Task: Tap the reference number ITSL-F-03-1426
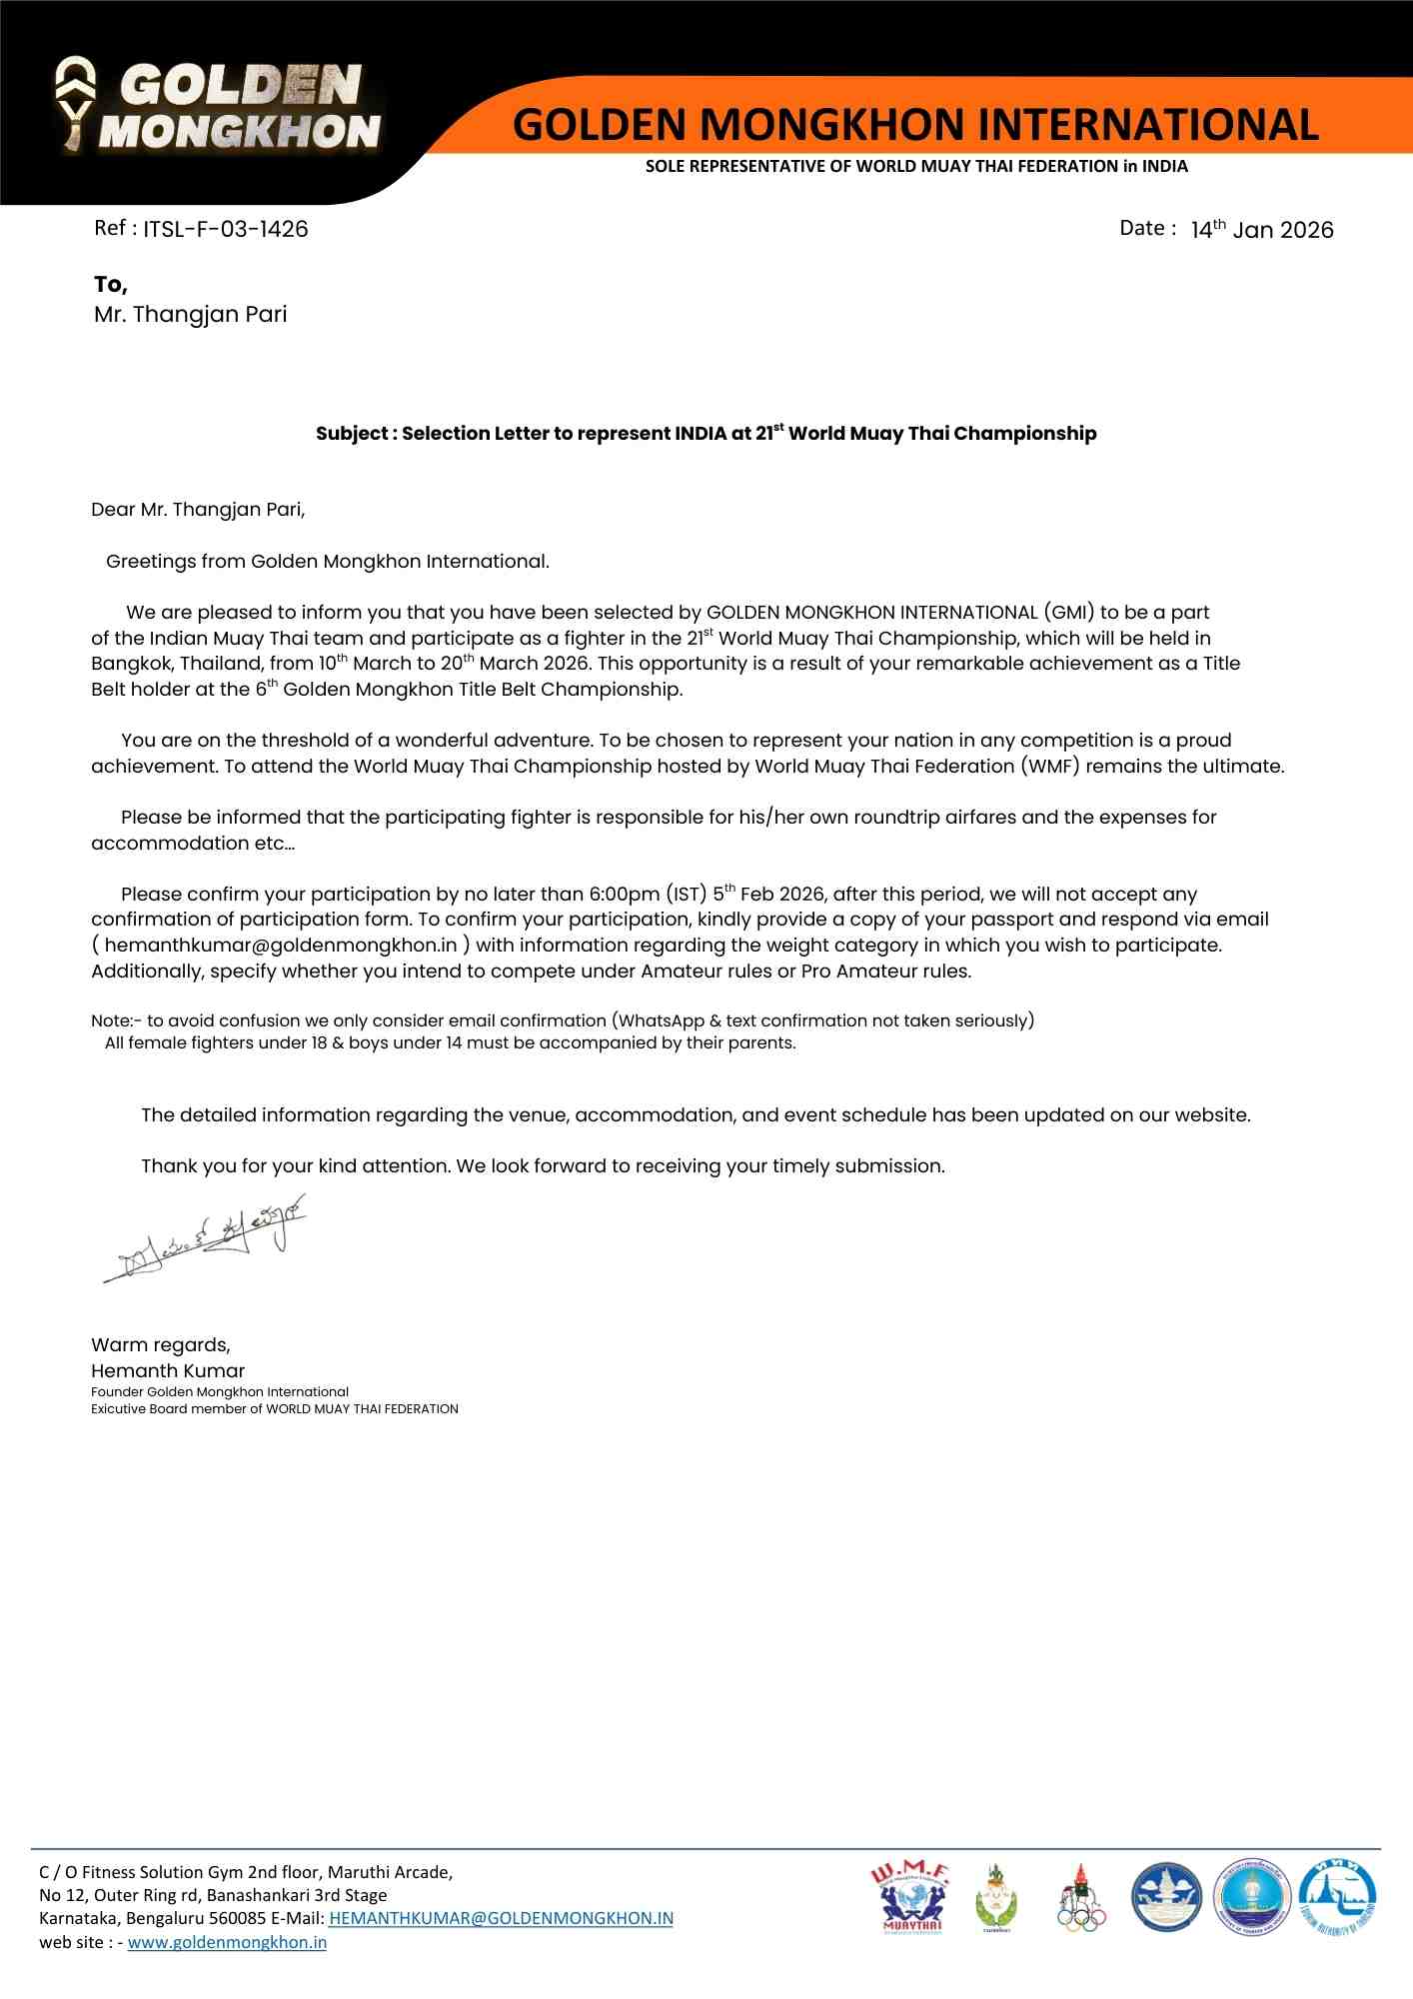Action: [x=225, y=229]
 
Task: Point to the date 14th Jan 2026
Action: [x=1261, y=230]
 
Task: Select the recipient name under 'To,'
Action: [x=190, y=315]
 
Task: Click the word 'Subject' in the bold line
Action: [x=352, y=434]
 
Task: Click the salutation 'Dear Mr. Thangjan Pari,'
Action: [x=198, y=510]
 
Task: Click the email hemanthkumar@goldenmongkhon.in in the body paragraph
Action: [x=281, y=946]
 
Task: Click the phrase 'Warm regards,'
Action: [x=161, y=1345]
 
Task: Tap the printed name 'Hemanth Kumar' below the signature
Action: [x=168, y=1371]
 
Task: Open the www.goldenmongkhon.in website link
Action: [x=227, y=1942]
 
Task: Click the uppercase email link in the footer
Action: [x=501, y=1918]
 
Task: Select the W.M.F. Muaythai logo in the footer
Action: [x=910, y=1897]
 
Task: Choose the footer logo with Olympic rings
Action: [x=1081, y=1898]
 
